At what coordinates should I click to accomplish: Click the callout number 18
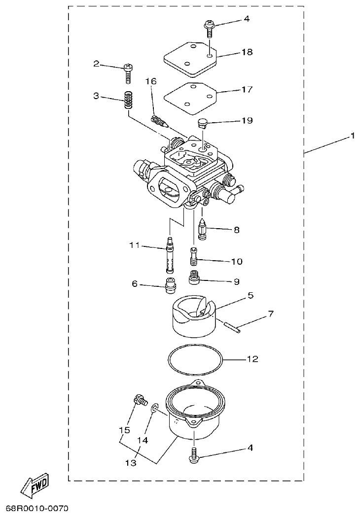[247, 52]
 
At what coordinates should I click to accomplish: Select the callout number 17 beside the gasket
[247, 90]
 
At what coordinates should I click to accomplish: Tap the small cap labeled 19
[202, 122]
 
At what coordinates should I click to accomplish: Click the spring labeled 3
[129, 101]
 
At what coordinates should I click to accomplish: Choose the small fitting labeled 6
[171, 285]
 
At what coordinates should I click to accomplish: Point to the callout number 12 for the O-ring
[252, 359]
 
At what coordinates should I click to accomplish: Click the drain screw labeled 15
[140, 401]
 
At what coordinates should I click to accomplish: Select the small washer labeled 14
[155, 409]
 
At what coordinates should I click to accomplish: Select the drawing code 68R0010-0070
[37, 508]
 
